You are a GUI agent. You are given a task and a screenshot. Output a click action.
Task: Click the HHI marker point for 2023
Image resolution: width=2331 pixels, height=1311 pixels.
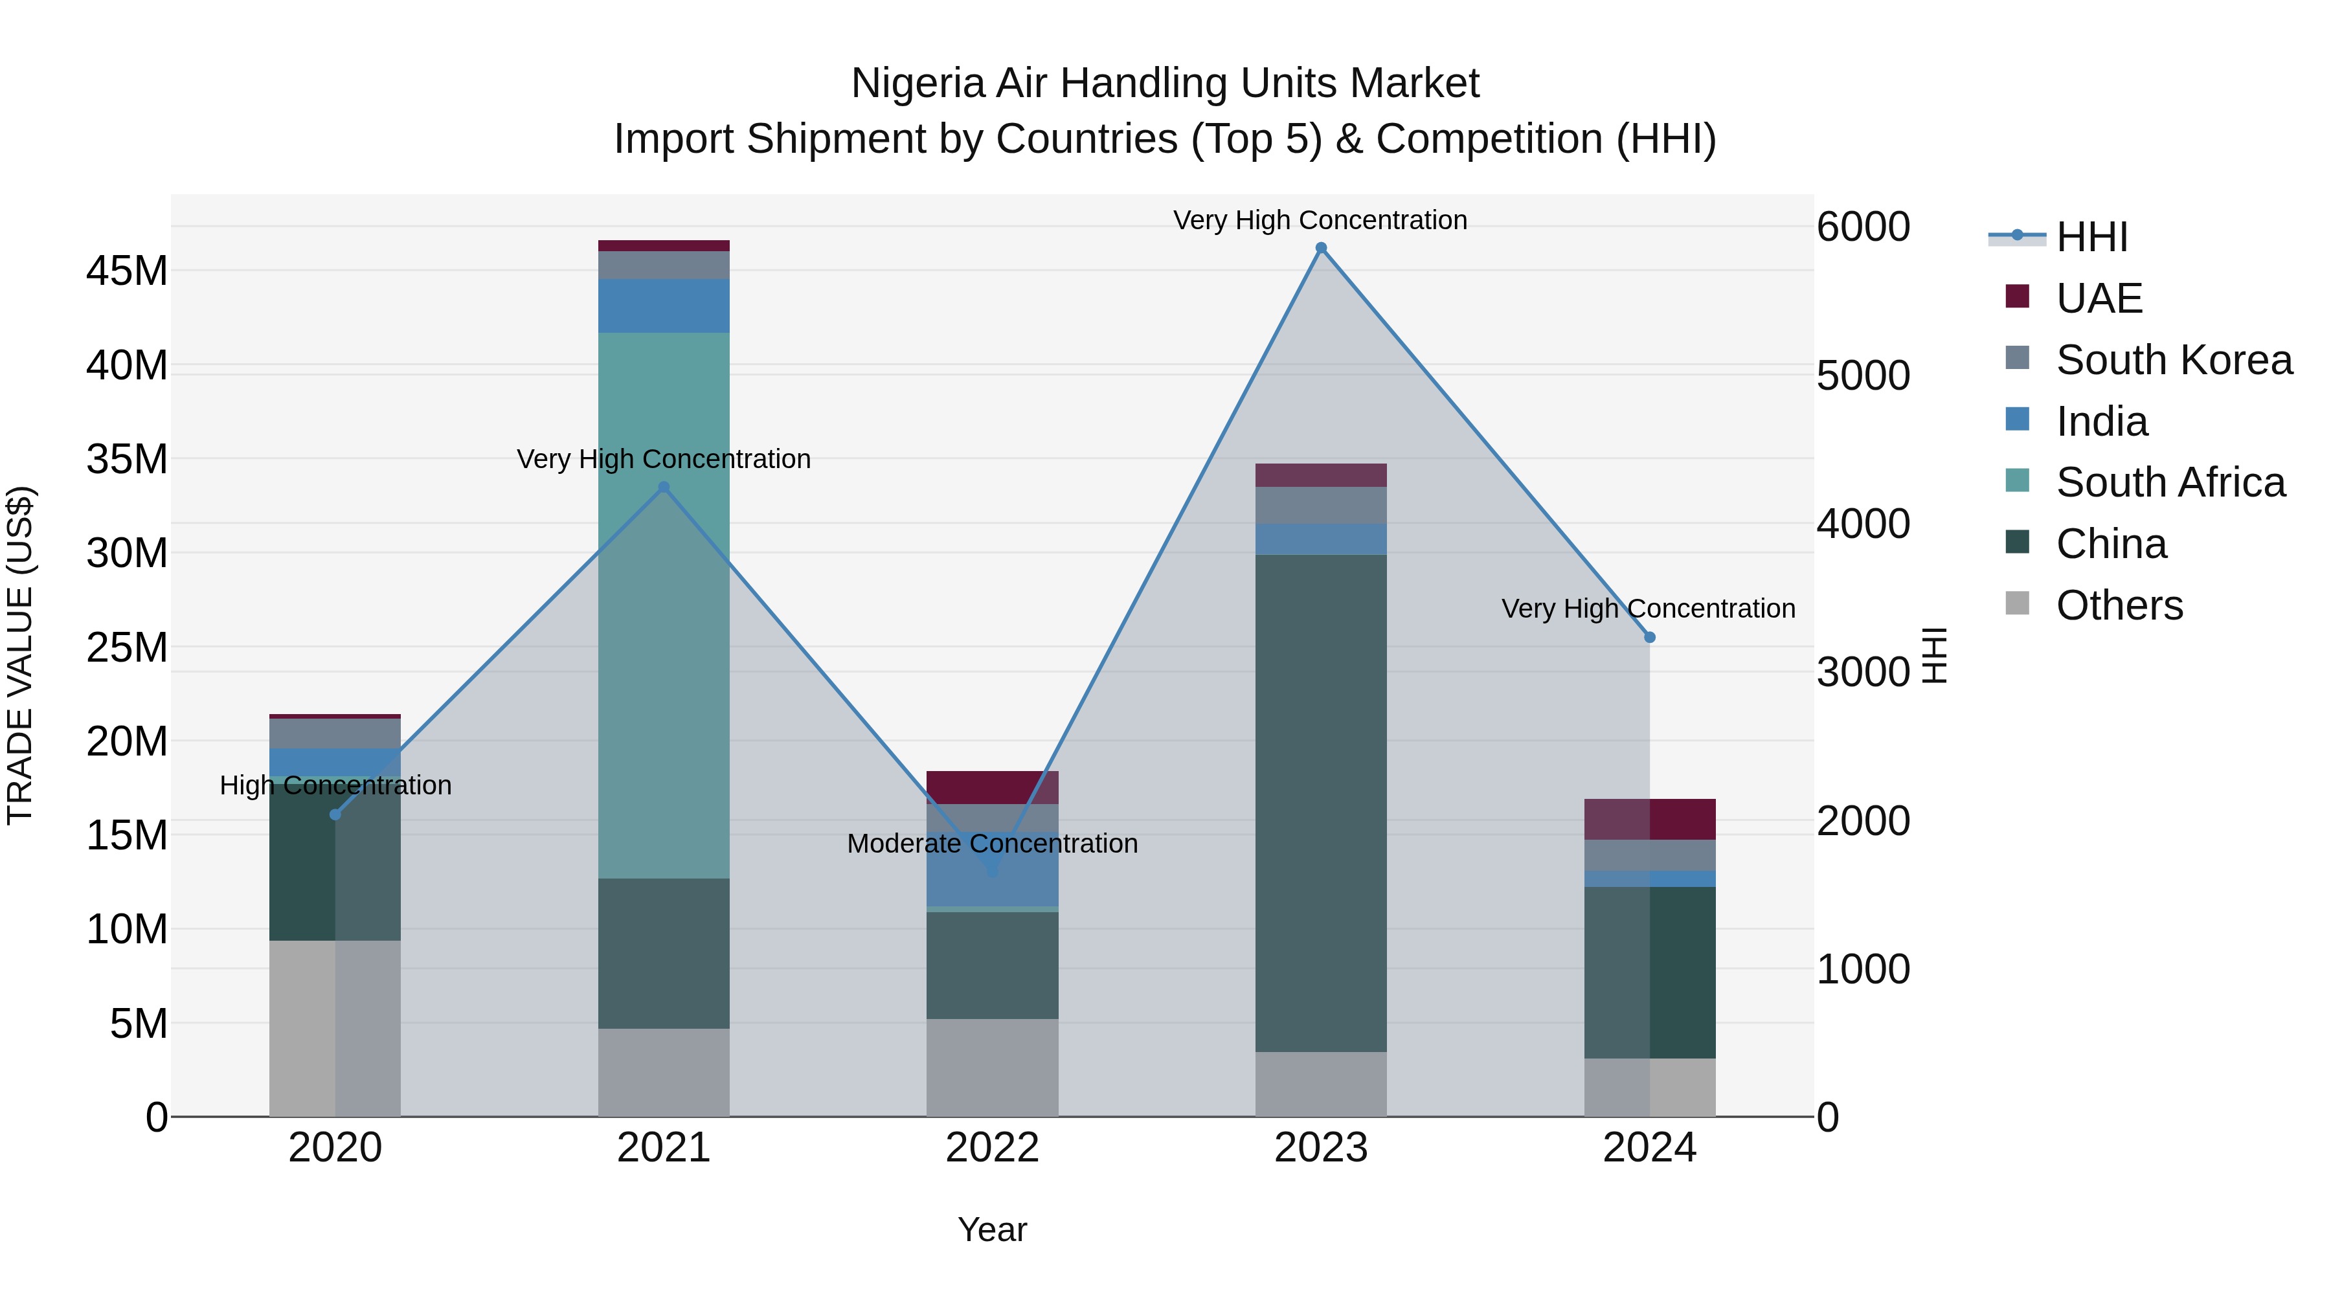coord(1320,248)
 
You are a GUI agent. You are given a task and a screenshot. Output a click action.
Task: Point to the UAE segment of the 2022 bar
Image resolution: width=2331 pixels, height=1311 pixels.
coord(992,787)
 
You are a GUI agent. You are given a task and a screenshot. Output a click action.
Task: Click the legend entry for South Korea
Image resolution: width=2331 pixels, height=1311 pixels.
coord(2174,360)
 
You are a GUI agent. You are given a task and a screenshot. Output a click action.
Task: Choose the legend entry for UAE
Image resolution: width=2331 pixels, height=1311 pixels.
coord(2099,298)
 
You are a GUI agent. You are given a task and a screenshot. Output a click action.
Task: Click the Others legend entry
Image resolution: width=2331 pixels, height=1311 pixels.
coord(2119,605)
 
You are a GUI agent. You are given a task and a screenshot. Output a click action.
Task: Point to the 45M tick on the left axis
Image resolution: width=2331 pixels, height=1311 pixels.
coord(127,271)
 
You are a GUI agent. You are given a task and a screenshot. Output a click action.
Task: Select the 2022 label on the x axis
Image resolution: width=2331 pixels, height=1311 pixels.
coord(992,1148)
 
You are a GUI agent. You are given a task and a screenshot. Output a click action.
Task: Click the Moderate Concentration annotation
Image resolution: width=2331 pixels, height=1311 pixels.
coord(992,843)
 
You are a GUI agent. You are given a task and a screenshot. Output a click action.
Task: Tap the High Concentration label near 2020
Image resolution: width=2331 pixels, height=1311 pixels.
coord(335,785)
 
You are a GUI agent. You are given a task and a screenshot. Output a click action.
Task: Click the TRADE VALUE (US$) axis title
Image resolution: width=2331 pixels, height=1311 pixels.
coord(20,655)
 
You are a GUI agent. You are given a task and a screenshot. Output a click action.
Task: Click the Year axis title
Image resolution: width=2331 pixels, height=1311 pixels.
coord(992,1229)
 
